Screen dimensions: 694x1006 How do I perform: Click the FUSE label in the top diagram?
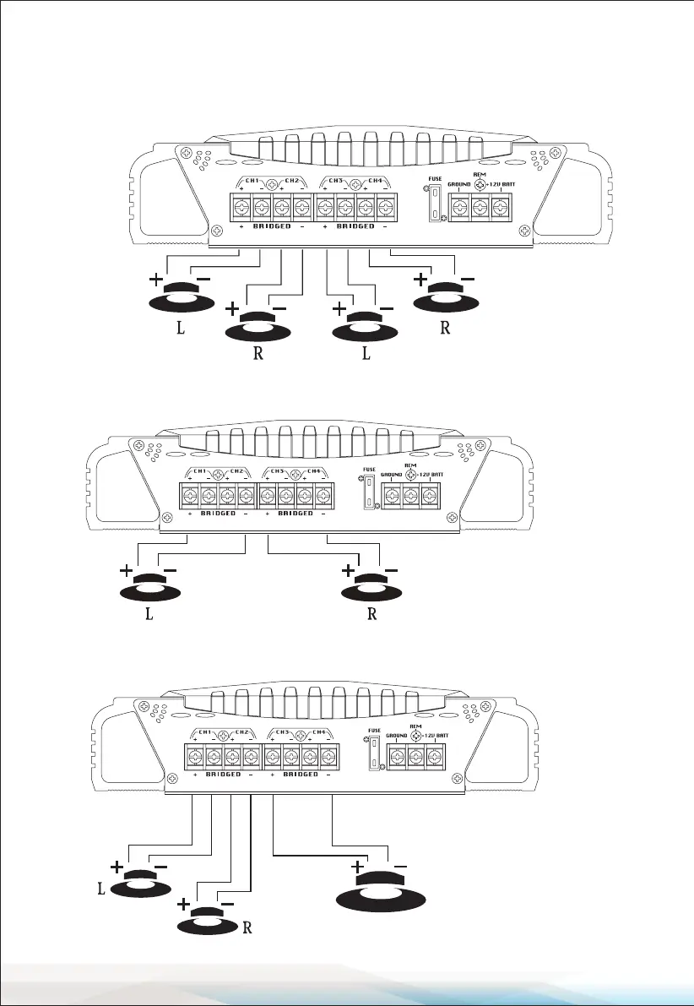pyautogui.click(x=434, y=179)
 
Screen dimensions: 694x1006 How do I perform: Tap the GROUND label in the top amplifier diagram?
pyautogui.click(x=459, y=183)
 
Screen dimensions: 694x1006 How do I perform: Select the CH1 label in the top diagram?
pyautogui.click(x=252, y=181)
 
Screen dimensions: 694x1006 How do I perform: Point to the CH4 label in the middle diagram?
pyautogui.click(x=312, y=471)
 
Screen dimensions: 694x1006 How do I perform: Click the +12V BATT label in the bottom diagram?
pyautogui.click(x=436, y=736)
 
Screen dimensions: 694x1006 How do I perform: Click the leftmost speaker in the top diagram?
pyautogui.click(x=180, y=296)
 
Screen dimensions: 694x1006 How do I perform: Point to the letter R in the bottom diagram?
pyautogui.click(x=247, y=927)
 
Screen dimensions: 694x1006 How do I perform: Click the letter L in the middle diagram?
pyautogui.click(x=149, y=615)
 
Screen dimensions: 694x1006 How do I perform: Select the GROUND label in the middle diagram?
pyautogui.click(x=392, y=476)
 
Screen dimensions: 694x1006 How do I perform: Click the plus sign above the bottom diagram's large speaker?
pyautogui.click(x=357, y=867)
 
